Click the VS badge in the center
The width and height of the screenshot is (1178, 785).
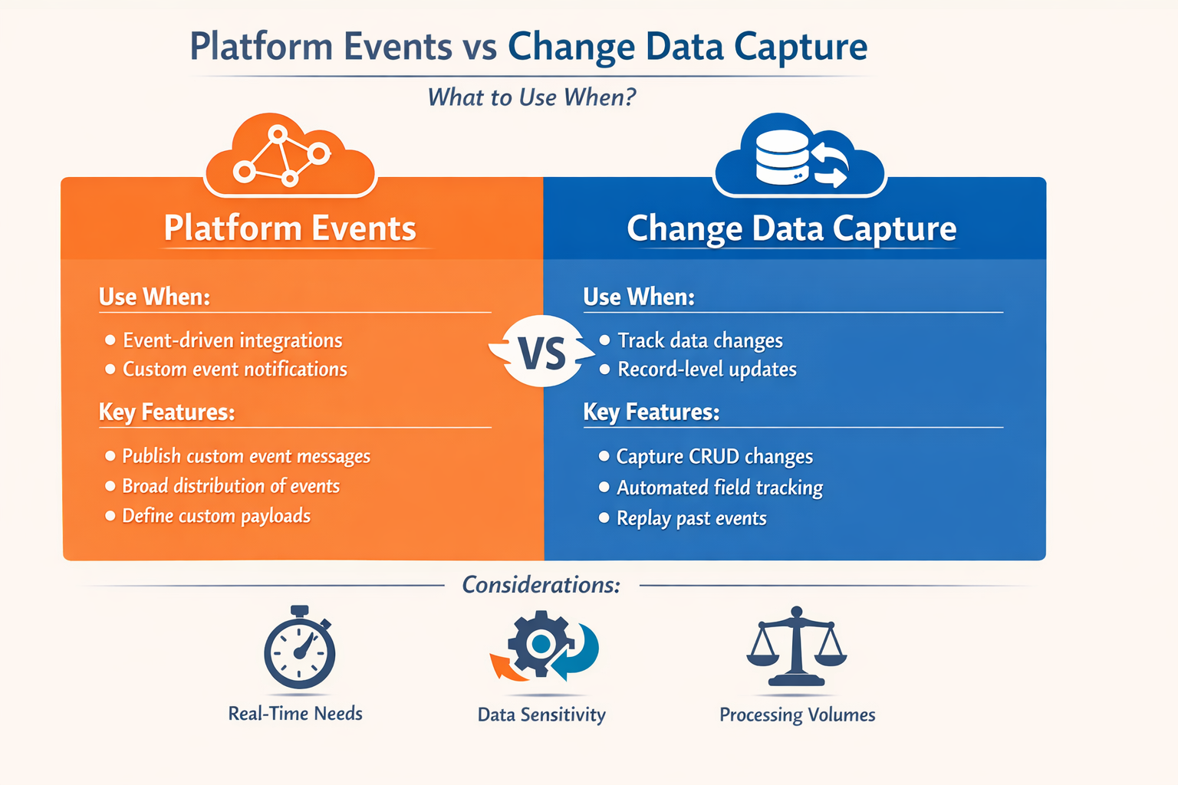tap(542, 353)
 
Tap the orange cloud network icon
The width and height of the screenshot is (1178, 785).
tap(290, 156)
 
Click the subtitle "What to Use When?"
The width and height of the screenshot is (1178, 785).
tap(531, 97)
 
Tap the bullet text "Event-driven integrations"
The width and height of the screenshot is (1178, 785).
tap(232, 340)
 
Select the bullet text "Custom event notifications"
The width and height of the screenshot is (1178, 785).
tap(235, 370)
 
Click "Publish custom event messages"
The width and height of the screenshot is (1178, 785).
tap(246, 456)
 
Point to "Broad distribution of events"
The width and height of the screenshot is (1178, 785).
tap(231, 486)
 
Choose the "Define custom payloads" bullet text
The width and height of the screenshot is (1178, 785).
tap(216, 516)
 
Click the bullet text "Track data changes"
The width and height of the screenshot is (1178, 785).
tap(700, 340)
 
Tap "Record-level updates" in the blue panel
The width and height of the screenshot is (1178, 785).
tap(707, 370)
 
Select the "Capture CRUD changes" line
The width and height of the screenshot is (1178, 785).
tap(714, 457)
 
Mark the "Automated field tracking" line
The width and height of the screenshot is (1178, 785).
tap(719, 488)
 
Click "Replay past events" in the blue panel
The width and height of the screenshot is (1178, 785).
tap(691, 518)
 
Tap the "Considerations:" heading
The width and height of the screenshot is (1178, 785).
tap(541, 585)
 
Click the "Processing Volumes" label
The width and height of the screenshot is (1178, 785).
tap(797, 714)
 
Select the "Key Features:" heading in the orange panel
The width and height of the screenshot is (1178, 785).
tap(166, 412)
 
